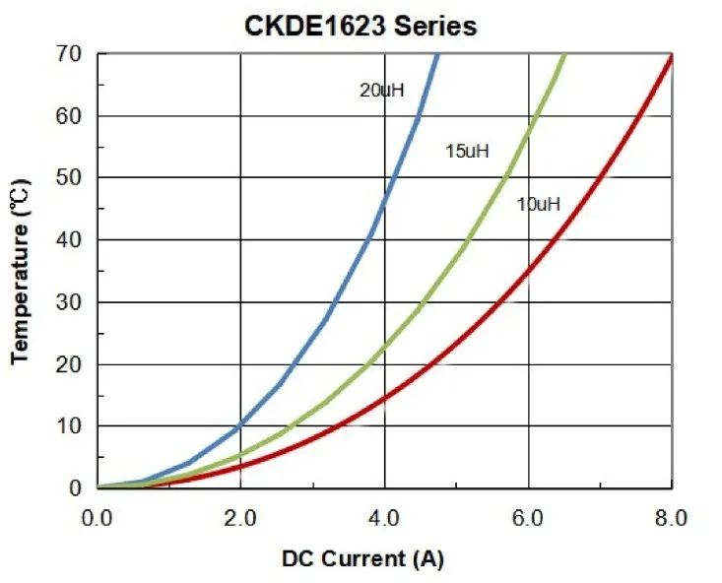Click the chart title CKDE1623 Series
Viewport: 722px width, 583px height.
tap(361, 26)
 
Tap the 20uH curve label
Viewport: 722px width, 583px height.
tap(382, 91)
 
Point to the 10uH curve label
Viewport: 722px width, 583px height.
tap(538, 205)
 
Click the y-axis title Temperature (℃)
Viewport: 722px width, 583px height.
tap(22, 271)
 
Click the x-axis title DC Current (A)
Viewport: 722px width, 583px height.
tap(362, 558)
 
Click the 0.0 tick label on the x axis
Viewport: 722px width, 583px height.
tap(98, 517)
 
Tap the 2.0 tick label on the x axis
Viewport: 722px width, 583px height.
tap(241, 517)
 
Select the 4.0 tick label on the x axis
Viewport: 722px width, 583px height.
tap(385, 517)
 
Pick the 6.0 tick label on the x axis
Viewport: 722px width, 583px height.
tap(529, 517)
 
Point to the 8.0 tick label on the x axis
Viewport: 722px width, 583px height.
tap(672, 517)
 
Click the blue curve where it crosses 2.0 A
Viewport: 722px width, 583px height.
tap(241, 424)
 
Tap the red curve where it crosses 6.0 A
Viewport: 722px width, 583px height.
tap(529, 270)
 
